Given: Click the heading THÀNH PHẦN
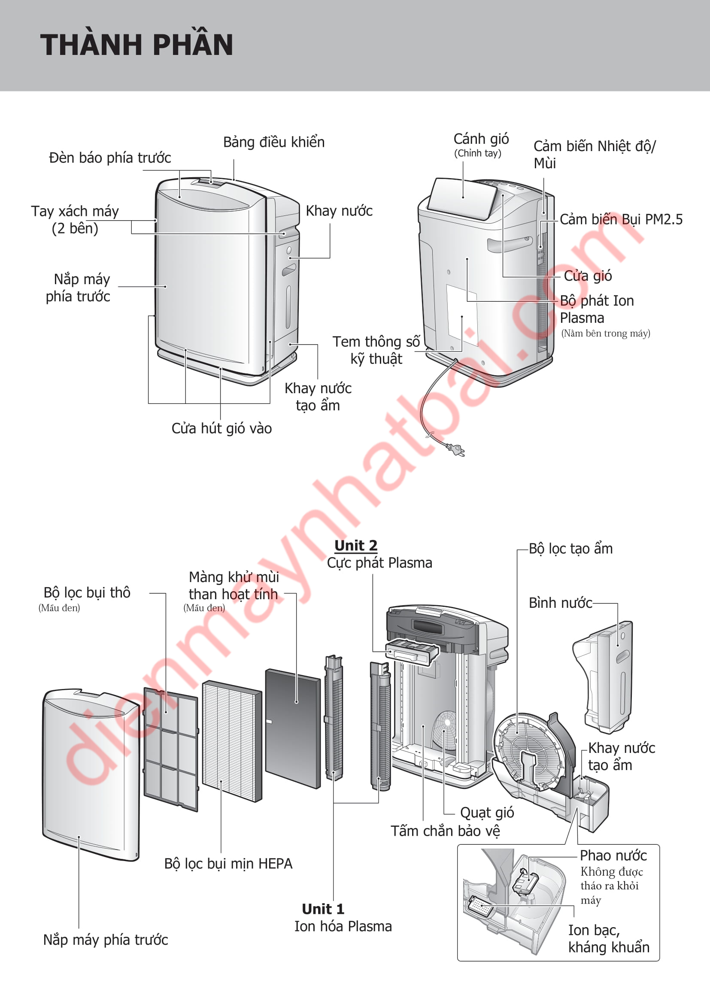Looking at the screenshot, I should click(137, 45).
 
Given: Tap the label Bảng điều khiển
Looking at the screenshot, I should click(274, 142).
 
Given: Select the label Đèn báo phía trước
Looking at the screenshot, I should click(110, 158).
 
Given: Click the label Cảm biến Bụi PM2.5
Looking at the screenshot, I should click(621, 219).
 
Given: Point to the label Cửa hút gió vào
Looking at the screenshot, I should click(221, 428).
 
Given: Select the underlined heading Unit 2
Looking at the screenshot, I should click(356, 545).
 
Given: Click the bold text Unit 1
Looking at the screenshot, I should click(323, 909).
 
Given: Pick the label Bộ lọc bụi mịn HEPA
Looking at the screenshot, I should click(228, 863).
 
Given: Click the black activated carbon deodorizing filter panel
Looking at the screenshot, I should click(293, 728).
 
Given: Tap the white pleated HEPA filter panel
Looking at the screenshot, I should click(232, 741).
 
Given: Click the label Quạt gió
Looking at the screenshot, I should click(487, 813).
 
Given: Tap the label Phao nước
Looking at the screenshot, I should click(613, 855).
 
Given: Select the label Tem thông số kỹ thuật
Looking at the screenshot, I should click(376, 350).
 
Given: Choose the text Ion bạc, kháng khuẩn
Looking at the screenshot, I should click(609, 938).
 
